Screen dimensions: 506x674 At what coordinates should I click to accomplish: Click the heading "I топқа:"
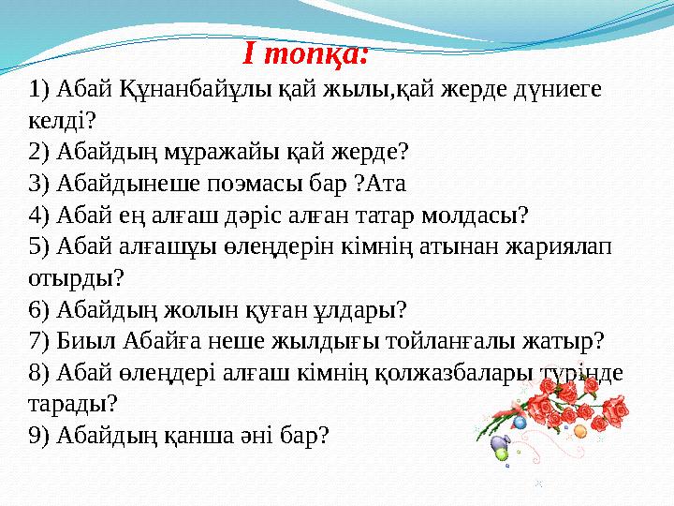(x=306, y=54)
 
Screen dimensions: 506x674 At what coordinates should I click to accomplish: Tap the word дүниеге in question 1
(x=552, y=91)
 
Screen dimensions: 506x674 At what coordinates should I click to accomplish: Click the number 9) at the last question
(x=40, y=435)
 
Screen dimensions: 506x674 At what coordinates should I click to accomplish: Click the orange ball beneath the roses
(x=580, y=432)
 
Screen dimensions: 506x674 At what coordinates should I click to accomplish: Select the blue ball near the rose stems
(x=520, y=424)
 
